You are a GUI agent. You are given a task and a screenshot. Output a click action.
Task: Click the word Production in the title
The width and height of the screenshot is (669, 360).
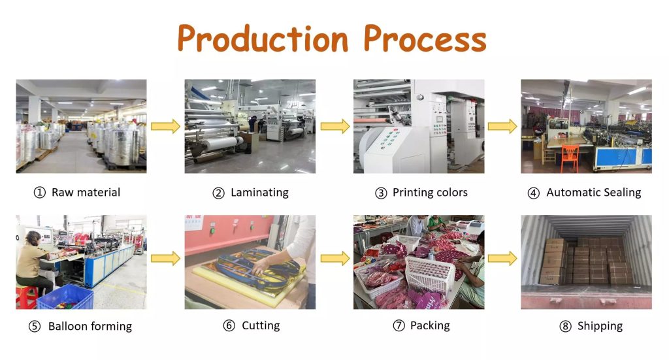(x=263, y=39)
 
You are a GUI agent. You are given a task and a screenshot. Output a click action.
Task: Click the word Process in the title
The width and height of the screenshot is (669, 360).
(x=425, y=39)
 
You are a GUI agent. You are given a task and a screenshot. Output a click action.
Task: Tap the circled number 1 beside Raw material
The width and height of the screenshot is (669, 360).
(x=40, y=193)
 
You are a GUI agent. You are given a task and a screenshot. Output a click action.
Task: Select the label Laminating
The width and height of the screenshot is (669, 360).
(x=259, y=193)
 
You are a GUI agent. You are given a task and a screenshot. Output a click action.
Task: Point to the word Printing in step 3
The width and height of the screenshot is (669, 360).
(x=414, y=193)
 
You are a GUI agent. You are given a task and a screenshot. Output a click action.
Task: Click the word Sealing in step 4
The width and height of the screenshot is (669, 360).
(x=620, y=193)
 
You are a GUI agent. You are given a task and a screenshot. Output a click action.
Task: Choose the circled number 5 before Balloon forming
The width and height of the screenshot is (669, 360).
(x=35, y=327)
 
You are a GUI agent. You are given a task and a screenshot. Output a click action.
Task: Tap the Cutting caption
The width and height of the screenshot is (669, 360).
(x=261, y=326)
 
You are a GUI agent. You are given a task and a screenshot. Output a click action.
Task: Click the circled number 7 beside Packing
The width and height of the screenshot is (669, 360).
(x=399, y=326)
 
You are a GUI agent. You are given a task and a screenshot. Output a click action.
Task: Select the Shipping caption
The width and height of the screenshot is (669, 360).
(x=600, y=326)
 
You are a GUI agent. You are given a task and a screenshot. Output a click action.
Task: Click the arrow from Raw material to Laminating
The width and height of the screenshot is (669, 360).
(x=165, y=126)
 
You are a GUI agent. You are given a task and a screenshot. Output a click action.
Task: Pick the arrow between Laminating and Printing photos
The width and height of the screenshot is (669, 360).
(x=335, y=126)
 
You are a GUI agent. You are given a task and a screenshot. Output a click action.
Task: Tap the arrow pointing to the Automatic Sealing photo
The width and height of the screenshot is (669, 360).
(x=502, y=126)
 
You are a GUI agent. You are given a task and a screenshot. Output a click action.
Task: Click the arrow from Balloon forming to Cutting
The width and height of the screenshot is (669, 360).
(x=165, y=259)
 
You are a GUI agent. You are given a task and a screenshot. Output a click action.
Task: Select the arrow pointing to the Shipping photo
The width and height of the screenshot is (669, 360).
(x=502, y=259)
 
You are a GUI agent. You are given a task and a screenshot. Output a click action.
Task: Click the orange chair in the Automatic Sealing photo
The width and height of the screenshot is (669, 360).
(x=570, y=158)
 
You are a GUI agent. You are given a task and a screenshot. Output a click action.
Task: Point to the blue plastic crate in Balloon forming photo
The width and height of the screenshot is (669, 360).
(x=65, y=298)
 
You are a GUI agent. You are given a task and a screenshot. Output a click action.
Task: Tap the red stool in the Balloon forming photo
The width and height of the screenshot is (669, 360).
(x=26, y=297)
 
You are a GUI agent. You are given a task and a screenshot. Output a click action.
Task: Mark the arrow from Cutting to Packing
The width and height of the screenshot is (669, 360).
(x=335, y=259)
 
